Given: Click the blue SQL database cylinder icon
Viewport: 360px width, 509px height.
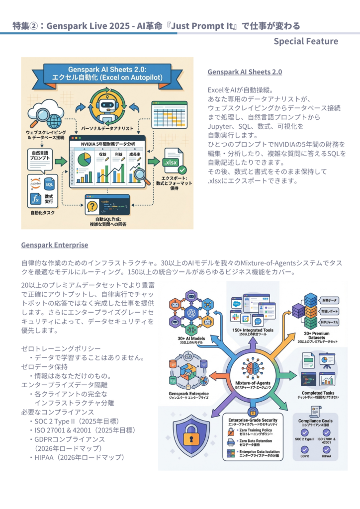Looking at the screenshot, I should click(x=50, y=183).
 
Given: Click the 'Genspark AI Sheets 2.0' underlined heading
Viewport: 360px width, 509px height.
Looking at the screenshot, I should click(x=245, y=72).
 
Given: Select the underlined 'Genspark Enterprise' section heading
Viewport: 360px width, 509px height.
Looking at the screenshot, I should click(x=55, y=245).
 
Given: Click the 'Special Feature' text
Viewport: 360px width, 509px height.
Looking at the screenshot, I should click(x=306, y=41).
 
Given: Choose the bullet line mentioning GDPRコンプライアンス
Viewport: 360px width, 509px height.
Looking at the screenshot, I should click(x=70, y=439).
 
